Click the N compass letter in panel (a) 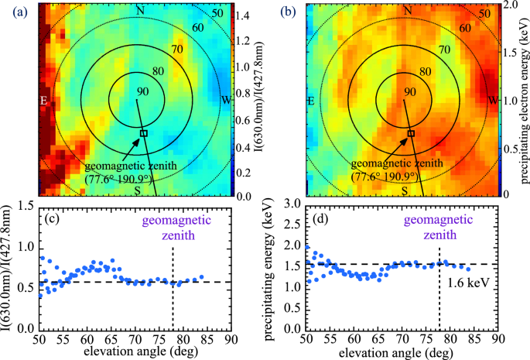(x=140, y=10)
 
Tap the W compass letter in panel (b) (x=493, y=101)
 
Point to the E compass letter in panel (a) (x=44, y=101)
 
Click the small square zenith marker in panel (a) (x=143, y=133)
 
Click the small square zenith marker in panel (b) (x=411, y=133)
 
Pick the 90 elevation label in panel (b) (x=409, y=92)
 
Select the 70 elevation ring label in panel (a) (x=173, y=50)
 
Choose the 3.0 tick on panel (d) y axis (x=293, y=204)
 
